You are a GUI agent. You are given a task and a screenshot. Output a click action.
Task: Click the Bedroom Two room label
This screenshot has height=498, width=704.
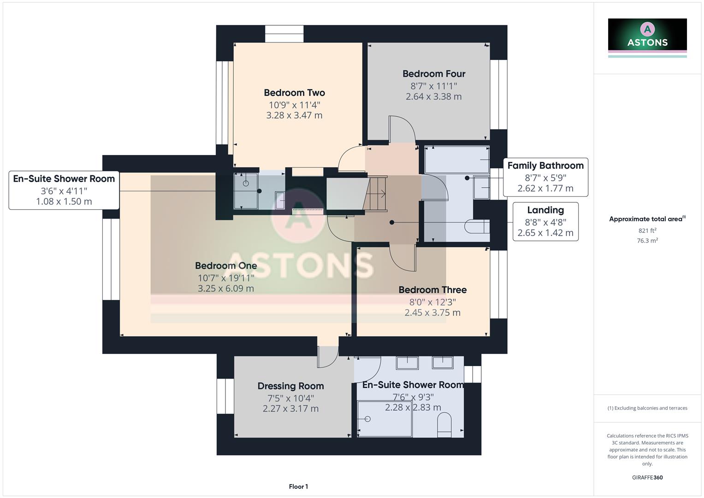click(x=294, y=93)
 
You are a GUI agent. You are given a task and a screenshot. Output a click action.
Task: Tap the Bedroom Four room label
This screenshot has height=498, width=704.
click(x=433, y=74)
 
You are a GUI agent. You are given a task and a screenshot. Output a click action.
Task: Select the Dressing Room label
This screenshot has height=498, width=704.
click(x=290, y=386)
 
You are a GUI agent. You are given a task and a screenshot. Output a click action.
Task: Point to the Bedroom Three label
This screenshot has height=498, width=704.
click(x=432, y=290)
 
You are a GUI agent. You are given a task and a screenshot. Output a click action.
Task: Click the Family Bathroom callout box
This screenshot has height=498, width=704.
click(x=545, y=177)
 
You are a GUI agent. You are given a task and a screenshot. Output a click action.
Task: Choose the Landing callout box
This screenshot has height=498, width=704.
click(x=545, y=221)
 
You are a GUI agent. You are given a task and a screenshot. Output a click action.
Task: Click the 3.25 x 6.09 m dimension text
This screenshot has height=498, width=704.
click(x=225, y=289)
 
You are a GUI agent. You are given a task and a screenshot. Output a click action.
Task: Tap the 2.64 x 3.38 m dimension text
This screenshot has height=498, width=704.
click(x=433, y=97)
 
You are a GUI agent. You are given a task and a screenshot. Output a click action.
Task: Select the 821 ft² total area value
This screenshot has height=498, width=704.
click(x=647, y=231)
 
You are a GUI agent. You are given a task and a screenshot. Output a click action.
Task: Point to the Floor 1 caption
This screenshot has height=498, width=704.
click(x=298, y=486)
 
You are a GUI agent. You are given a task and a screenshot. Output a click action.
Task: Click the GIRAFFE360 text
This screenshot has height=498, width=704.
click(x=647, y=477)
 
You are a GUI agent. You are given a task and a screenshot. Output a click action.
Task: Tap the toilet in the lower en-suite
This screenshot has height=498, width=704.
click(x=444, y=425)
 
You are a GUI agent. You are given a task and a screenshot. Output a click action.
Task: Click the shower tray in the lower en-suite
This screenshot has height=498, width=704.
click(x=385, y=419)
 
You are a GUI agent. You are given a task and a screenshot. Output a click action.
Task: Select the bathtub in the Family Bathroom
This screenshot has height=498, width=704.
click(x=456, y=160)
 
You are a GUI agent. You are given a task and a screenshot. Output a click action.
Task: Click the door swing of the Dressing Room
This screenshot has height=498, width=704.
click(x=327, y=357)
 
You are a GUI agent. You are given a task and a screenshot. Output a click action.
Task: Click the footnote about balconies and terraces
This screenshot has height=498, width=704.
click(x=647, y=408)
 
